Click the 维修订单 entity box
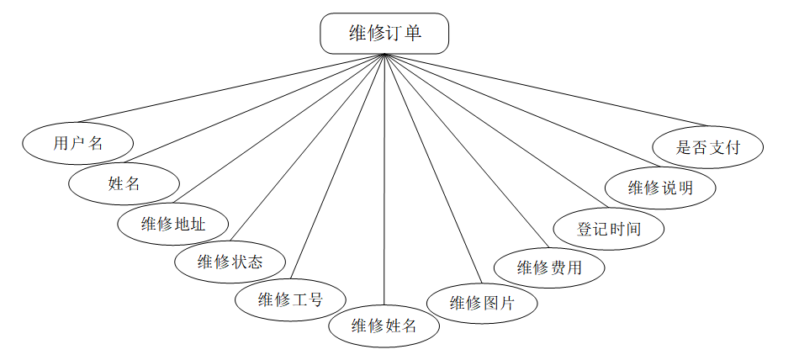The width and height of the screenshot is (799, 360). coord(384,34)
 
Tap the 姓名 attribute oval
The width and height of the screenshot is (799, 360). coord(124,183)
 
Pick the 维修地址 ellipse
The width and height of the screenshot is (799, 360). coord(173,224)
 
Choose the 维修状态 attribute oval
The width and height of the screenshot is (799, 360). coord(230,262)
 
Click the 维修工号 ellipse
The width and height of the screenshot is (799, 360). coord(290,299)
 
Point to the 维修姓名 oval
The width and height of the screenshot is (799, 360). coord(384,326)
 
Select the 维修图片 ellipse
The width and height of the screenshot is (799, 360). coord(481,304)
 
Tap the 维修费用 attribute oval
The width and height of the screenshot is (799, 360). coord(548,268)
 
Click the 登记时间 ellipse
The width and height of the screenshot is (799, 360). coord(609,229)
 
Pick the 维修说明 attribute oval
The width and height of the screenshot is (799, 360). coord(660,188)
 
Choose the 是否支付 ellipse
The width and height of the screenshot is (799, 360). coord(707,147)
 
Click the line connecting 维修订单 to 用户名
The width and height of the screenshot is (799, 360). coord(227,89)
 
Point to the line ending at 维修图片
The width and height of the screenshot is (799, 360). coord(433,168)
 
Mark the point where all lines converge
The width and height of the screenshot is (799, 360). coord(384,54)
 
